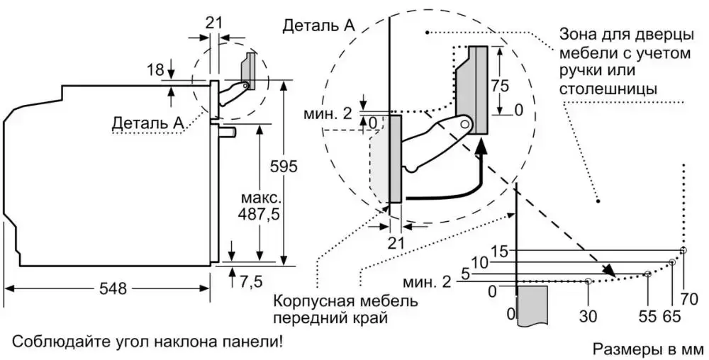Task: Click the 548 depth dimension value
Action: [112, 288]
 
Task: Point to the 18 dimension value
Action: [155, 69]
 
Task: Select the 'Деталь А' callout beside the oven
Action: [147, 123]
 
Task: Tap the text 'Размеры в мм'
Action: [646, 349]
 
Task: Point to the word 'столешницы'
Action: [607, 89]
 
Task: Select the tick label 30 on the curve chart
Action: [588, 316]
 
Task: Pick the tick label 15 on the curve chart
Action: [500, 250]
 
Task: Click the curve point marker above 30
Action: [588, 281]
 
